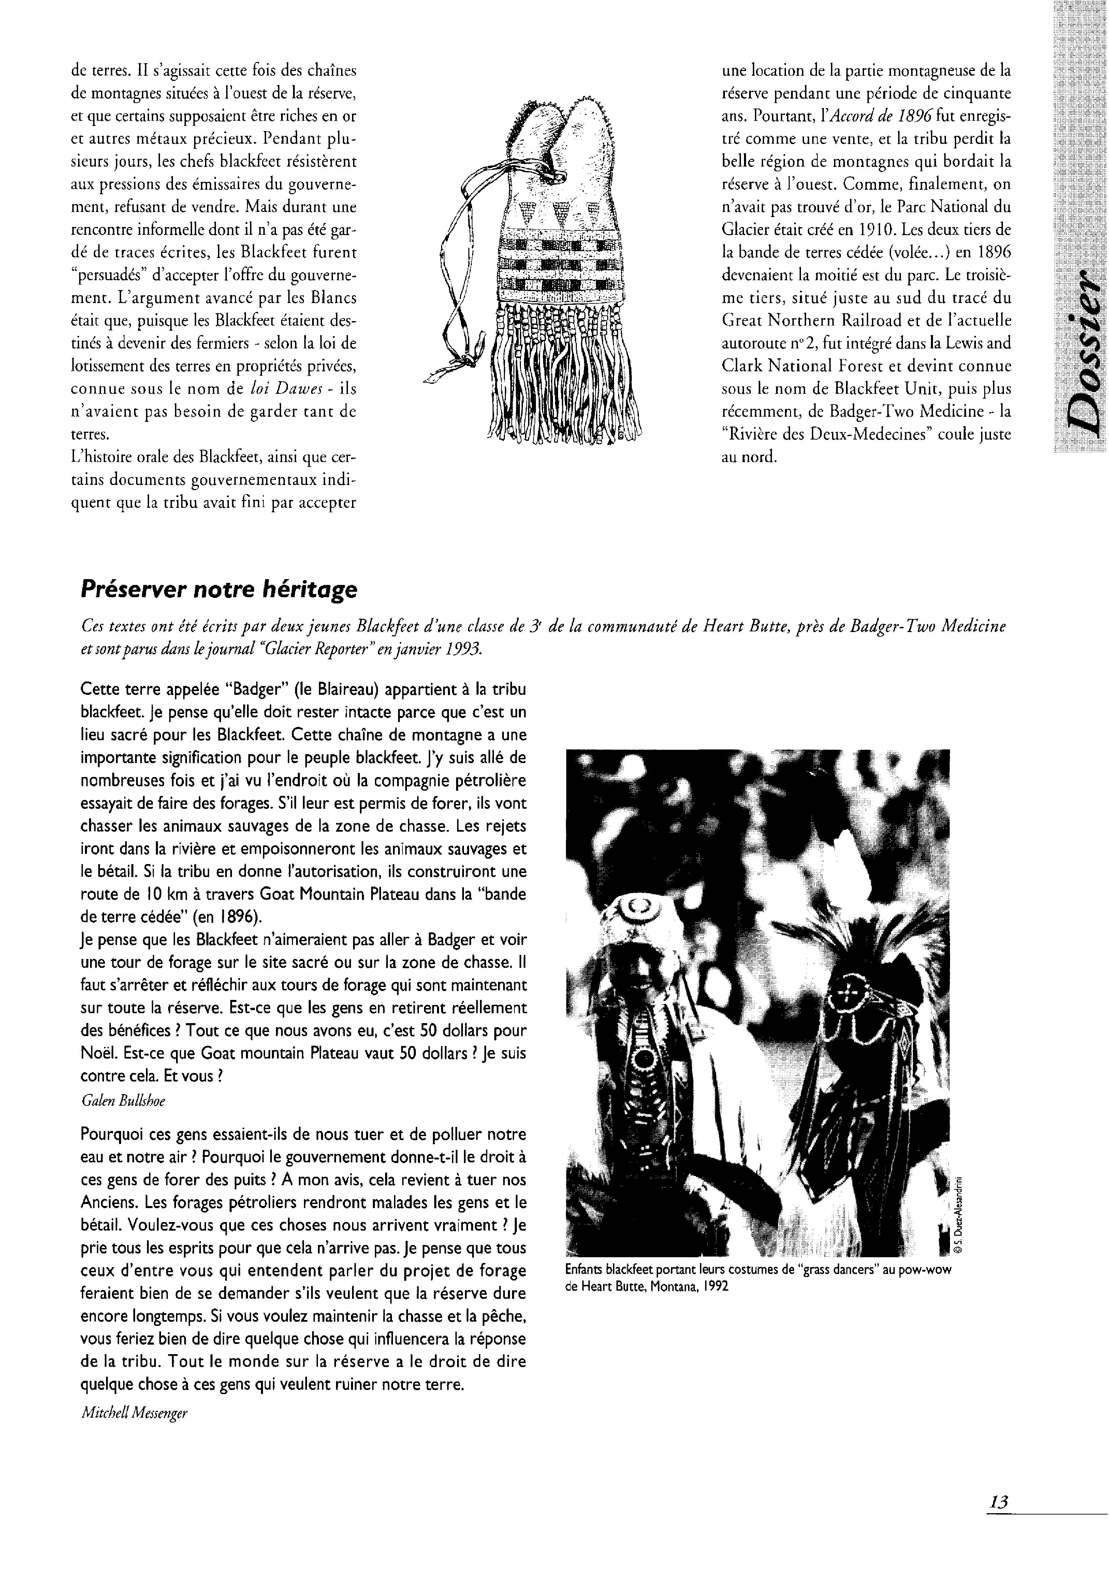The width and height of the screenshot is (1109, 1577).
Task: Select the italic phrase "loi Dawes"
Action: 275,389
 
